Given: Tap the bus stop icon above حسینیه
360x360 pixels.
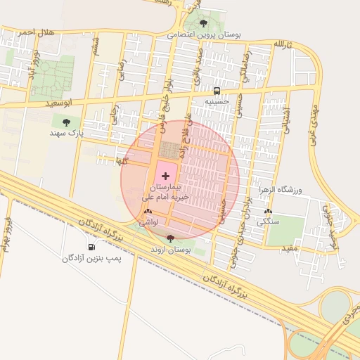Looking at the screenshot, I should click(217, 91).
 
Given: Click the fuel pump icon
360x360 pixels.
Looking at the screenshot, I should click(91, 247).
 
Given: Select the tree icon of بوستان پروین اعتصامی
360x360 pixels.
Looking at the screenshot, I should click(204, 23).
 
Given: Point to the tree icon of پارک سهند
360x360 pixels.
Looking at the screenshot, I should click(67, 122).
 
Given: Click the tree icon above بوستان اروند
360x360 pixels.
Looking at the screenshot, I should click(170, 238).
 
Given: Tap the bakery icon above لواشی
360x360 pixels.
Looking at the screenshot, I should click(148, 211).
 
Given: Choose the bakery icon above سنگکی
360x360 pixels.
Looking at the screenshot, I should click(267, 212).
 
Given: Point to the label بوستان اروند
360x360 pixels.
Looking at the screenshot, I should click(172, 250).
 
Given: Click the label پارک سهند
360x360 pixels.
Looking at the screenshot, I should click(67, 132).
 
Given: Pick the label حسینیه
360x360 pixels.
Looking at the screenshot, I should click(217, 102).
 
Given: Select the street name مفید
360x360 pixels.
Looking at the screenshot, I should click(290, 248).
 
